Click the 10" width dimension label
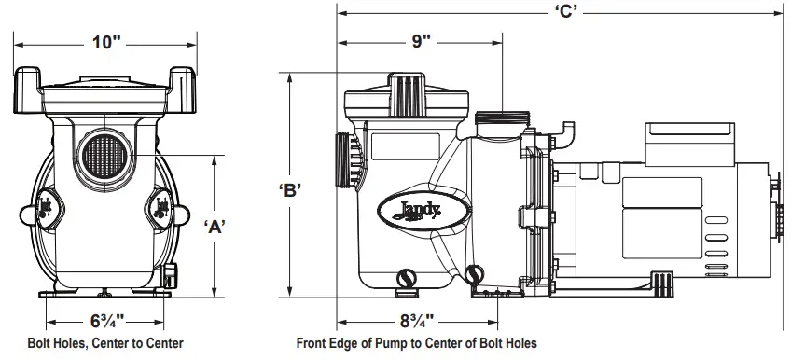pyautogui.click(x=107, y=42)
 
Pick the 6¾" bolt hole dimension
pyautogui.click(x=106, y=320)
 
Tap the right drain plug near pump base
pyautogui.click(x=475, y=274)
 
